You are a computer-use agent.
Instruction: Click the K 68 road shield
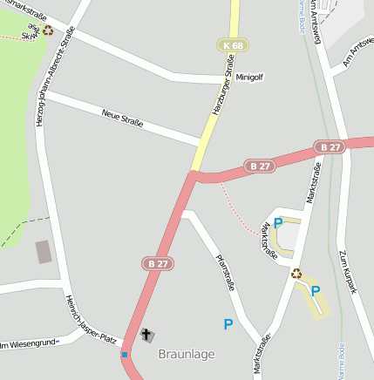pyautogui.click(x=231, y=44)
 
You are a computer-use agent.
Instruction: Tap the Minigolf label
pyautogui.click(x=249, y=77)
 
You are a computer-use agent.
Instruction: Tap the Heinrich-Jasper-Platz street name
pyautogui.click(x=91, y=318)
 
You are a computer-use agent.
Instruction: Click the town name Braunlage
pyautogui.click(x=186, y=355)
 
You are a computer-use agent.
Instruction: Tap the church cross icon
pyautogui.click(x=146, y=335)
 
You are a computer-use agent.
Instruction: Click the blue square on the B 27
pyautogui.click(x=125, y=355)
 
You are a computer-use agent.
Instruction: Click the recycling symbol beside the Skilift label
pyautogui.click(x=48, y=30)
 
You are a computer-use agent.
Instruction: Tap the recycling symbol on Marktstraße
pyautogui.click(x=296, y=273)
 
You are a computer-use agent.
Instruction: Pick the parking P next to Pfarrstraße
pyautogui.click(x=228, y=324)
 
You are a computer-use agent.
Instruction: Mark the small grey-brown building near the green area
pyautogui.click(x=43, y=252)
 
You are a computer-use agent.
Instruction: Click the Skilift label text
pyautogui.click(x=30, y=31)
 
